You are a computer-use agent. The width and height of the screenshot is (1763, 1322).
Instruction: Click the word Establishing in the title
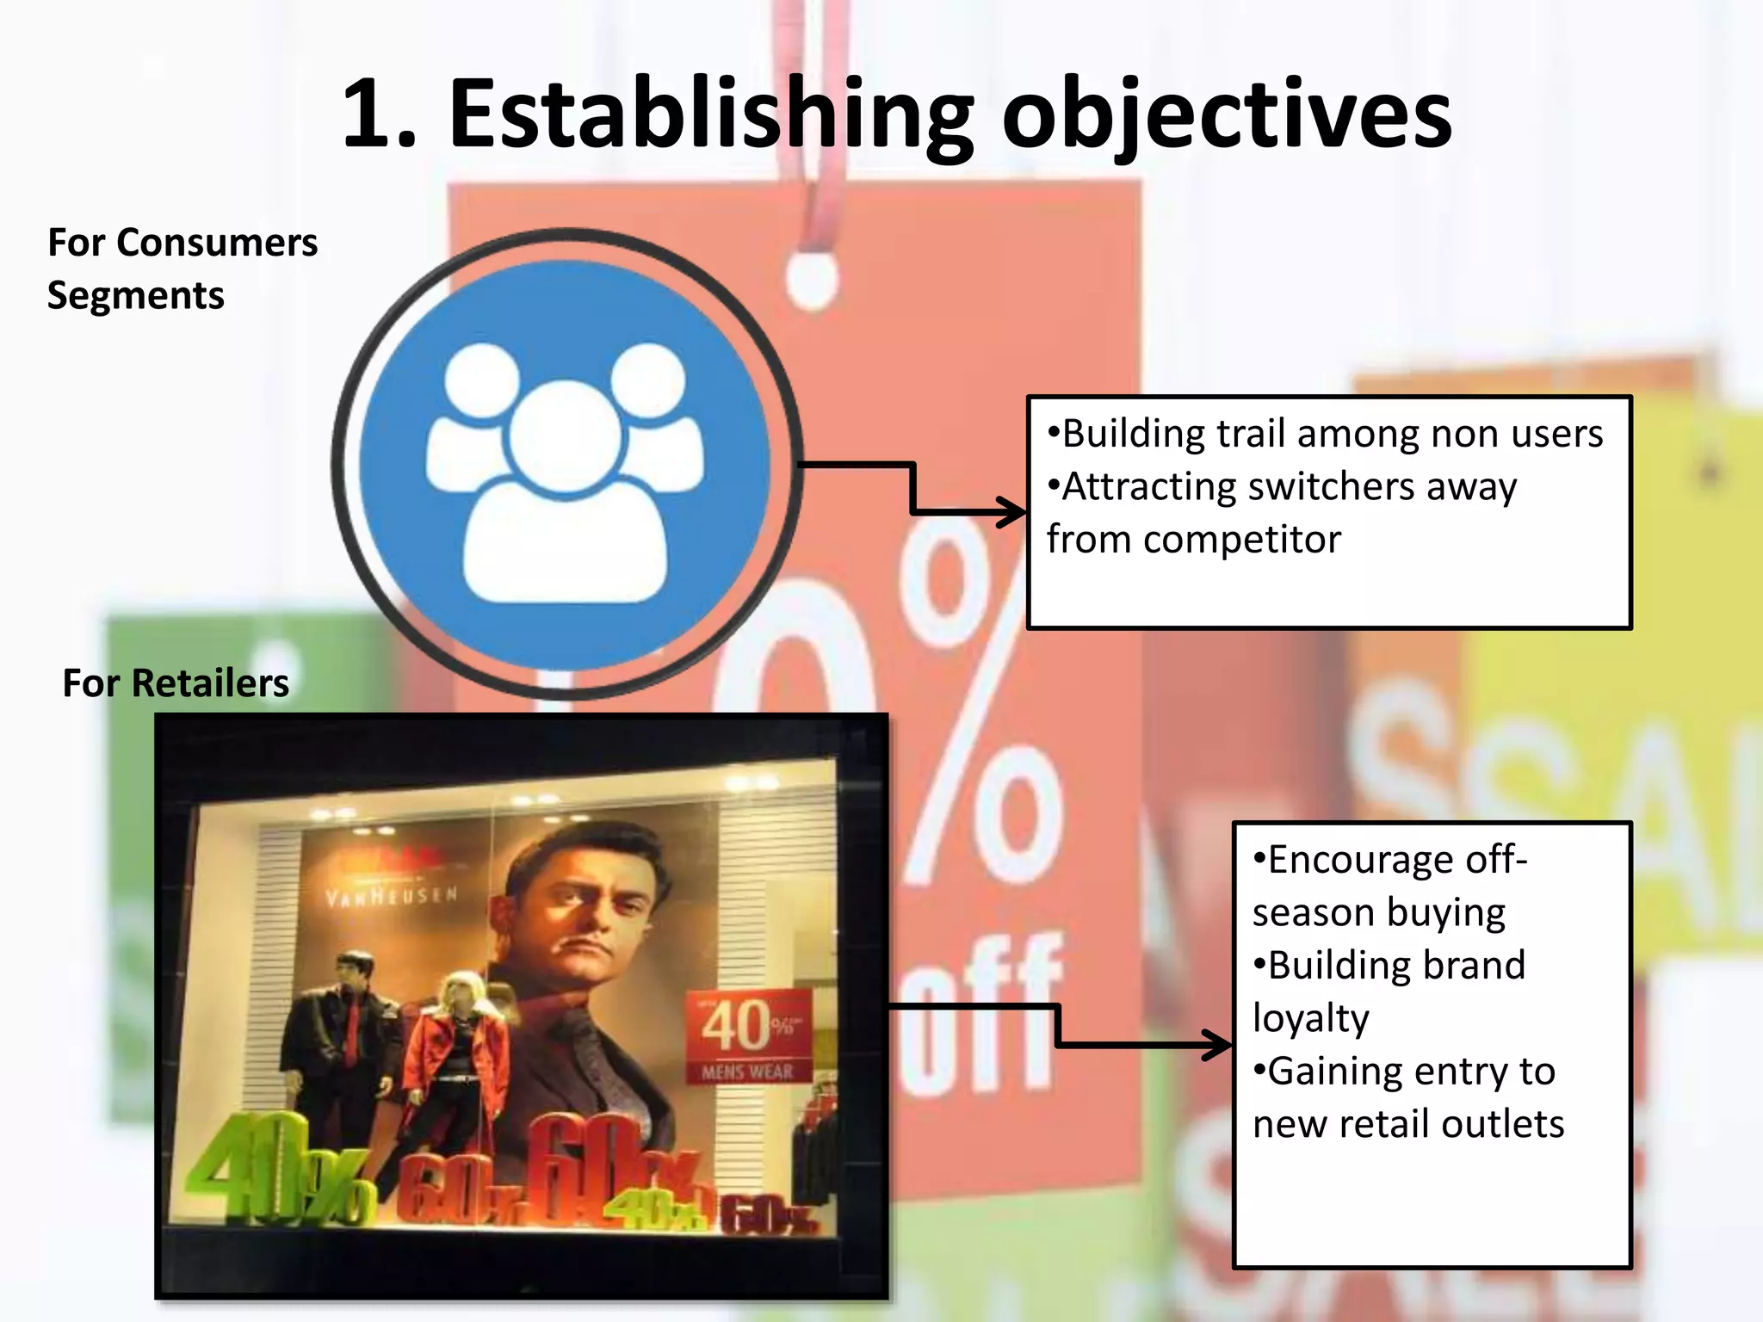tap(711, 115)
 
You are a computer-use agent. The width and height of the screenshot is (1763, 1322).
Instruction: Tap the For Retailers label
tap(176, 683)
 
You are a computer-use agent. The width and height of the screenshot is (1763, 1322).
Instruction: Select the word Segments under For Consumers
tap(136, 296)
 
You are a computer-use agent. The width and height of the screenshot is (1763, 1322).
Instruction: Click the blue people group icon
tap(566, 466)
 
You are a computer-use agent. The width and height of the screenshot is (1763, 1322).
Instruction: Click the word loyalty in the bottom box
tap(1310, 1019)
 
